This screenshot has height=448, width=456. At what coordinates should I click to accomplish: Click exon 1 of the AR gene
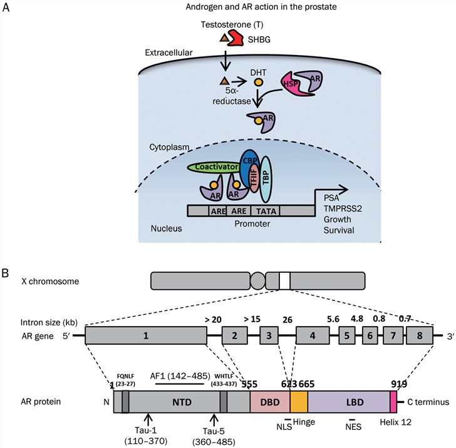click(x=146, y=335)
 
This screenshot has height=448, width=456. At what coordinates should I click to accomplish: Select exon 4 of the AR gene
click(x=312, y=335)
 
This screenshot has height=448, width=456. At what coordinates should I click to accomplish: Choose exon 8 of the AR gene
click(x=419, y=335)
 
